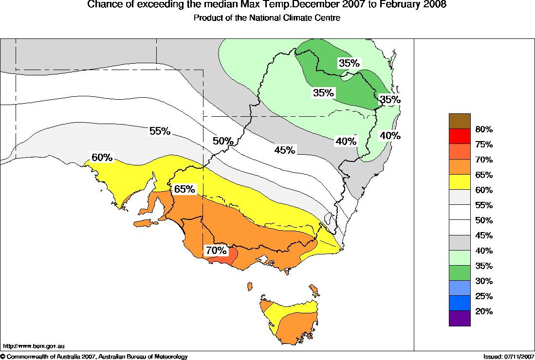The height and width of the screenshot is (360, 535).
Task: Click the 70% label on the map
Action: coord(216,251)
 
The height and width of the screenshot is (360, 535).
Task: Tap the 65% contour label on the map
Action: coord(184,189)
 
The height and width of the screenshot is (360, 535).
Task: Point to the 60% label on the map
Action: coord(102,158)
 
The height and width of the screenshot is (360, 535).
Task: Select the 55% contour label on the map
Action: coord(159,131)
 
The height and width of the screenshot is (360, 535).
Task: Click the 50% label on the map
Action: coord(223,141)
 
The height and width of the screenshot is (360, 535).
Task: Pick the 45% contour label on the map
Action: coord(284,150)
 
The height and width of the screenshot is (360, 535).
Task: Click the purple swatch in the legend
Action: coord(460,318)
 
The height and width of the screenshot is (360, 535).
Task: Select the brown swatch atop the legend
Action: coord(460,121)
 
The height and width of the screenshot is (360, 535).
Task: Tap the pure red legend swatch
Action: coord(460,136)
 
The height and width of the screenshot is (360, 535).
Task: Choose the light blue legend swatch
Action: coord(460,288)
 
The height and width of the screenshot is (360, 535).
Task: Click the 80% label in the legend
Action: coord(484,129)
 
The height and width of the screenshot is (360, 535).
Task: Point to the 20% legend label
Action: coord(484,311)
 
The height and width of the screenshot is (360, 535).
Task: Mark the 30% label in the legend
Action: coord(484,281)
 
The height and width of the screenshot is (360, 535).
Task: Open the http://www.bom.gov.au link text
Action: coord(34,346)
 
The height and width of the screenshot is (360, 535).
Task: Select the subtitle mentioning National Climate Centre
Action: coord(267,18)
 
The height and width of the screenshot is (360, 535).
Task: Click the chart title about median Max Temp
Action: coord(267,5)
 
